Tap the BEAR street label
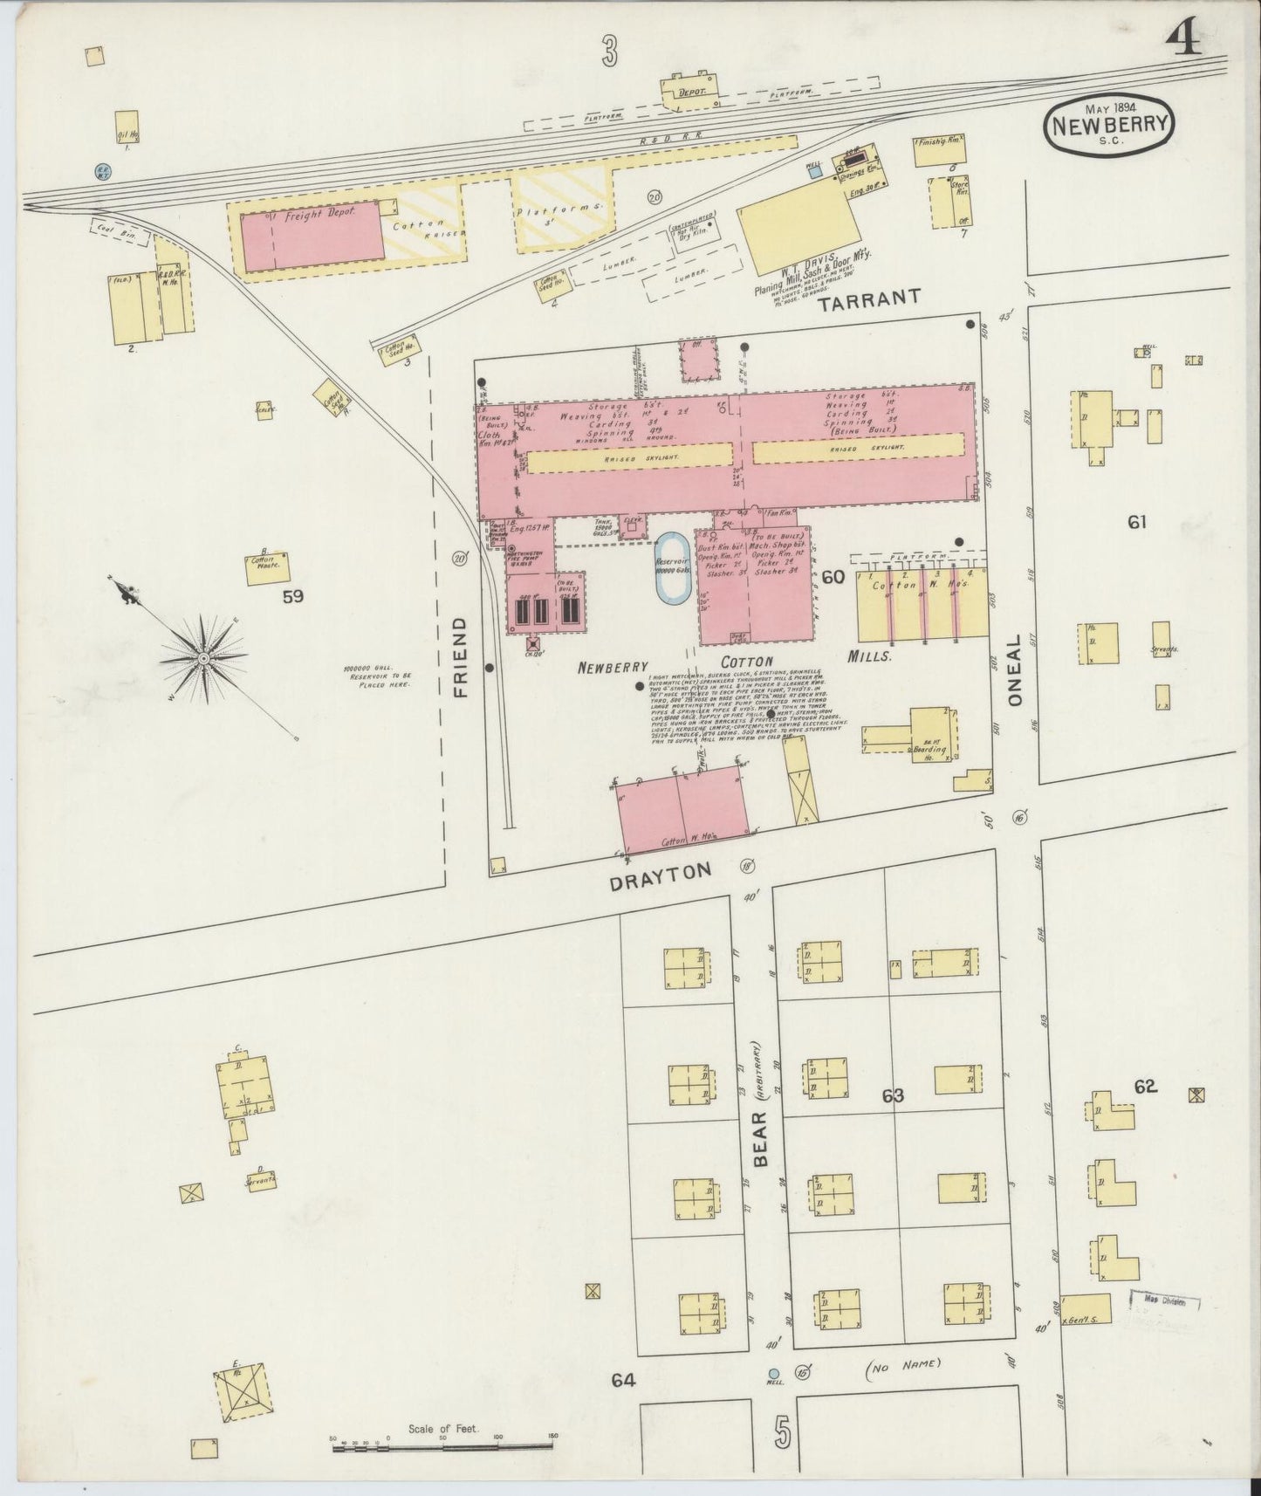tap(760, 1138)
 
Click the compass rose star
tap(202, 656)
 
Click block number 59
tap(292, 597)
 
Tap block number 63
tap(892, 1095)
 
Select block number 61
tap(1136, 522)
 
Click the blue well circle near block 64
tap(772, 1373)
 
